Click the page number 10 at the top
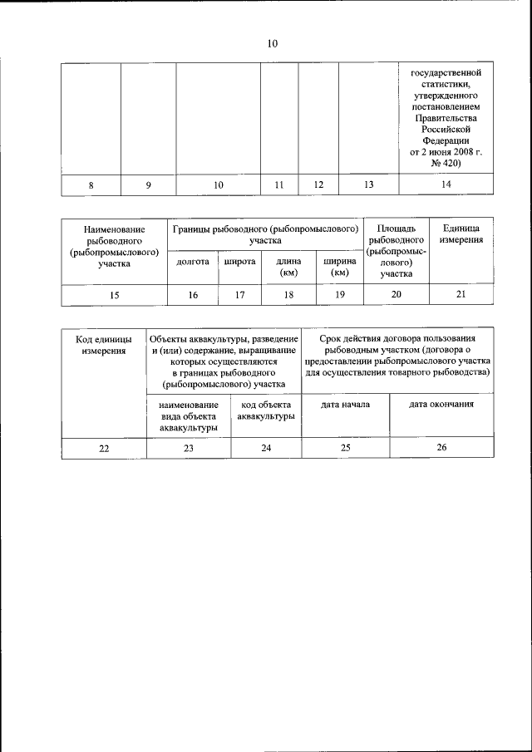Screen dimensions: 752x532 tap(272, 44)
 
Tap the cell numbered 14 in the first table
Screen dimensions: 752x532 tap(446, 185)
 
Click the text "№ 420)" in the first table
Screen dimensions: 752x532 tap(446, 164)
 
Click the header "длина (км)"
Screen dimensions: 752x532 tap(288, 266)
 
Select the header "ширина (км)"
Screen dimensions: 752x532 tap(339, 266)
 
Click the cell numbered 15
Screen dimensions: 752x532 tap(115, 295)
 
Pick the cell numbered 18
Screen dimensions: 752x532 tap(288, 295)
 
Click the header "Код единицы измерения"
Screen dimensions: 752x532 tap(104, 345)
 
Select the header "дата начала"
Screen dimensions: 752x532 tap(345, 405)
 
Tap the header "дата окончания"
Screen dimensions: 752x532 tap(441, 405)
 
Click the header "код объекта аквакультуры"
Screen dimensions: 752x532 tap(266, 410)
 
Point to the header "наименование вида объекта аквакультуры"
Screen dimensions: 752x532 tap(189, 415)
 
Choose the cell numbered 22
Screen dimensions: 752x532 tap(104, 448)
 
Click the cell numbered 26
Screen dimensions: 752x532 tap(441, 448)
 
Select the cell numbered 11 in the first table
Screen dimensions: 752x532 tap(279, 185)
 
